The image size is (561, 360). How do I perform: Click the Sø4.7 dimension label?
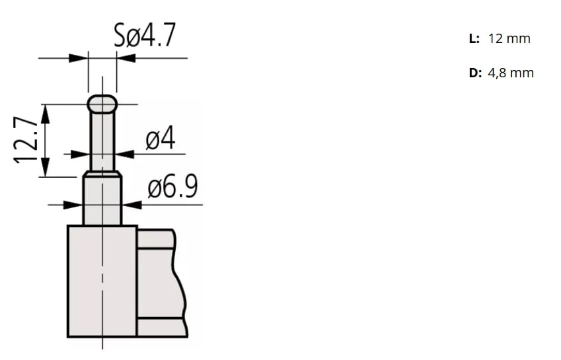pos(145,36)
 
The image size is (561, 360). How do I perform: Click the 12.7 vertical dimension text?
pos(24,140)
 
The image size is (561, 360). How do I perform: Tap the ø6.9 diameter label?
pos(172,188)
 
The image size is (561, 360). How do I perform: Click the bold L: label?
pos(474,38)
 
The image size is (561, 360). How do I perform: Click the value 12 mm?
pos(509,38)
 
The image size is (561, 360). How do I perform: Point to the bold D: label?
pos(475,73)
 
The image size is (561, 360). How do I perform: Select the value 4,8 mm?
pos(511,73)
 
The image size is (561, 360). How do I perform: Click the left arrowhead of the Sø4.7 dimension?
pos(80,58)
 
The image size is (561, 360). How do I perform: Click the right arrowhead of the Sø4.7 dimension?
pos(125,58)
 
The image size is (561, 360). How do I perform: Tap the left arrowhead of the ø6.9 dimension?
pos(75,205)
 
